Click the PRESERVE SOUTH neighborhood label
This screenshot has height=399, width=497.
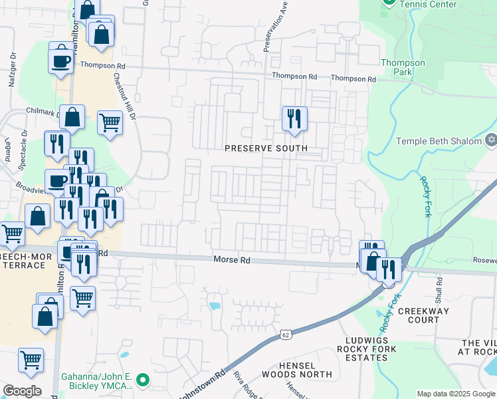(266, 148)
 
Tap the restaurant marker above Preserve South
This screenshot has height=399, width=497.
(294, 119)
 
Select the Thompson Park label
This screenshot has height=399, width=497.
(403, 67)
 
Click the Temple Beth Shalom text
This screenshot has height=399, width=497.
(440, 140)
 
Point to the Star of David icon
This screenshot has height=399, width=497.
(491, 140)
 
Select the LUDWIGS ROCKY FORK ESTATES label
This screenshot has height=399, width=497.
(367, 348)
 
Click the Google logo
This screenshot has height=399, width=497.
(22, 391)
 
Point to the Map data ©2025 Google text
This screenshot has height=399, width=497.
(455, 394)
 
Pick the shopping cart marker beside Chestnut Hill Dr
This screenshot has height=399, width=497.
(110, 123)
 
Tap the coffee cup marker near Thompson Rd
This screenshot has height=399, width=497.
(60, 61)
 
